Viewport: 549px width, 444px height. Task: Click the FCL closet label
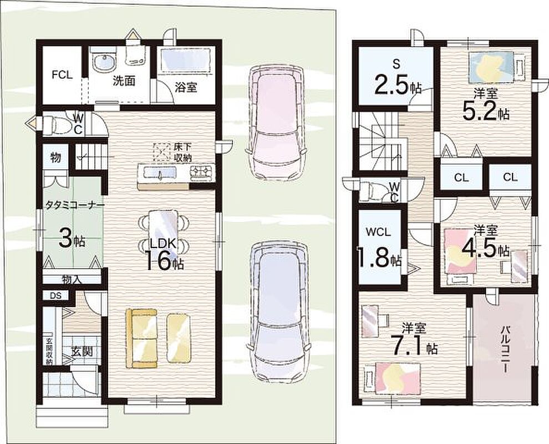[62, 74]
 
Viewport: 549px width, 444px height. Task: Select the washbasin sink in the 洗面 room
[103, 62]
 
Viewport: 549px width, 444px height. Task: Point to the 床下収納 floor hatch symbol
[161, 152]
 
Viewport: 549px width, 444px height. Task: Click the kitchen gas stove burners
[201, 172]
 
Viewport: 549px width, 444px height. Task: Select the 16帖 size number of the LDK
[164, 261]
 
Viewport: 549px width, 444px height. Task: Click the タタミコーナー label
[74, 205]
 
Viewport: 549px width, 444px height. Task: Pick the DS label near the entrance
[55, 295]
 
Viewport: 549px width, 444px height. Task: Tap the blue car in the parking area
[279, 312]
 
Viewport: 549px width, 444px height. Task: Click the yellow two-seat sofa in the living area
[141, 338]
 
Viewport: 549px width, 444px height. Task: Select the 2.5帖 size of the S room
[398, 85]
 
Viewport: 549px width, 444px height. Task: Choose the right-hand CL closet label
[510, 177]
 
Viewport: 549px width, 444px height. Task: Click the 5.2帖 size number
[485, 112]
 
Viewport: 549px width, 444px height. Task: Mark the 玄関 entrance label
[82, 351]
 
